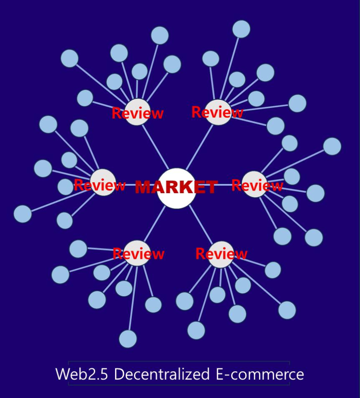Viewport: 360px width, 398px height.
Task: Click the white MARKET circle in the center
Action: click(177, 189)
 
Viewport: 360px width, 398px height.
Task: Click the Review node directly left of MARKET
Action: click(103, 182)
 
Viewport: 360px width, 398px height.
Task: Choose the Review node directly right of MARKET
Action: click(255, 184)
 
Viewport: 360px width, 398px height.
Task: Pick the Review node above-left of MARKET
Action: click(137, 112)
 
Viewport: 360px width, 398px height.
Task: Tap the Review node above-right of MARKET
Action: click(218, 112)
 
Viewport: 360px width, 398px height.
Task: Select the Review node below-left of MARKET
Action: click(137, 253)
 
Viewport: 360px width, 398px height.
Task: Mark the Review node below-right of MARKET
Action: click(221, 254)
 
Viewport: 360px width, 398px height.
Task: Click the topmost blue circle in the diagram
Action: click(241, 29)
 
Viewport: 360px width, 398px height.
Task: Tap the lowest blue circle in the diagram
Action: click(128, 339)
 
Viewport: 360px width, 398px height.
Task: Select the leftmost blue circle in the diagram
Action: click(23, 214)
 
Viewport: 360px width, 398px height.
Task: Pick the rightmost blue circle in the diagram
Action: click(332, 146)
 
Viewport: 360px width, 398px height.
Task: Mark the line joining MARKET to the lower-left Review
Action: click(155, 224)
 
